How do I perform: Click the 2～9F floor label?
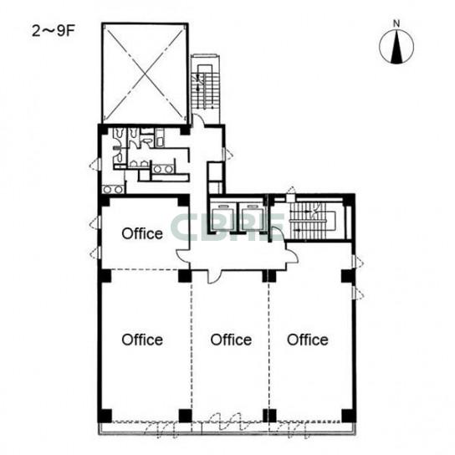[x=54, y=31]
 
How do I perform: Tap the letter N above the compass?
[x=396, y=23]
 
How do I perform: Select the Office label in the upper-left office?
[x=142, y=233]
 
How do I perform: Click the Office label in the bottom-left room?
[x=142, y=340]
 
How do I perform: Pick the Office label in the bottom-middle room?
[x=231, y=340]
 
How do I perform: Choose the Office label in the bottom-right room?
[x=308, y=340]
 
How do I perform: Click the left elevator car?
[x=223, y=217]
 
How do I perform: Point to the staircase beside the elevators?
[x=313, y=221]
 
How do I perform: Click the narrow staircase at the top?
[x=205, y=87]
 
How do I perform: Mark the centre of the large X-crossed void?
[x=145, y=73]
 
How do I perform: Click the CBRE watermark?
[x=228, y=227]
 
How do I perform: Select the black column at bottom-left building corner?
[x=105, y=416]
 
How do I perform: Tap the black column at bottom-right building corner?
[x=349, y=416]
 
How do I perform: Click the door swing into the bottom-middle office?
[x=214, y=277]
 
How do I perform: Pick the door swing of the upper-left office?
[x=183, y=255]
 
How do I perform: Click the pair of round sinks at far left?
[x=113, y=190]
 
